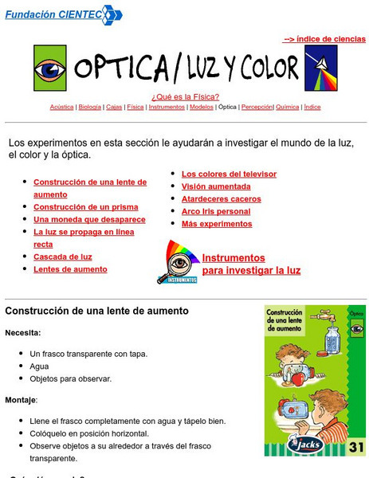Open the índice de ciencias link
pos(324,38)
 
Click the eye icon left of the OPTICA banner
pos(50,69)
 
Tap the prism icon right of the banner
pos(321,68)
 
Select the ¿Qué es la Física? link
pos(185,97)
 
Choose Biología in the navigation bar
pos(90,107)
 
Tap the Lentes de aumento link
pos(70,270)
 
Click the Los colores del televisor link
pos(229,174)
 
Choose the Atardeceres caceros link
pos(221,199)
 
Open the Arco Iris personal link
pos(215,212)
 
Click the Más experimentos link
pos(217,225)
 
